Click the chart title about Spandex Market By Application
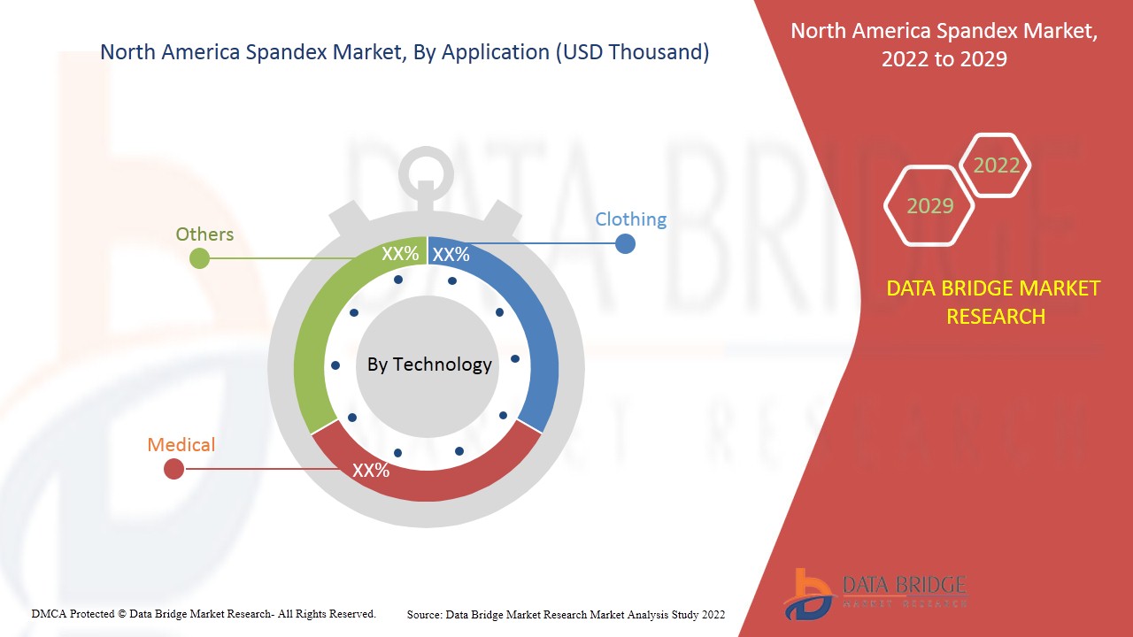405,52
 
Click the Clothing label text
630,219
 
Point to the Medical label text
181,444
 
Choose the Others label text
204,234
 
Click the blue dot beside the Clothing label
625,243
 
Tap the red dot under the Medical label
174,470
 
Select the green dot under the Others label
200,258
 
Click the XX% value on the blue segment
451,255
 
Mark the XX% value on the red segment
371,471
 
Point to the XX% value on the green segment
400,254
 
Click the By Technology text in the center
429,365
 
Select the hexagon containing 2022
996,165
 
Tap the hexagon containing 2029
929,206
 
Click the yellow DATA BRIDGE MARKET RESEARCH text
993,302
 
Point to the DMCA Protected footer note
204,613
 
